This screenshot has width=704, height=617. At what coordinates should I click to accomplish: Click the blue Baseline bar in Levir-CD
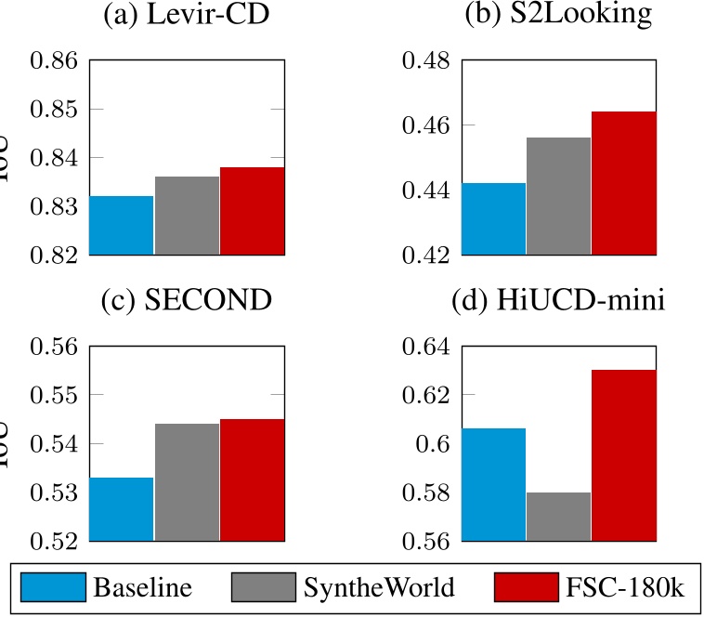[x=122, y=225]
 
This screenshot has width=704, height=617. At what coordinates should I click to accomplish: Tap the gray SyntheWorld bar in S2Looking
[x=558, y=195]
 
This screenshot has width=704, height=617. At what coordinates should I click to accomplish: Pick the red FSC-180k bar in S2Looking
[x=624, y=182]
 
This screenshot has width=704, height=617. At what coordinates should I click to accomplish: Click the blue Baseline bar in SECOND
[x=122, y=508]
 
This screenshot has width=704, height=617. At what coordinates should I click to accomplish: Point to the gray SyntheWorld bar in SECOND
[x=187, y=481]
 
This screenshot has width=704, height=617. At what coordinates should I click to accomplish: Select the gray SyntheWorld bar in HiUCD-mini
[x=558, y=516]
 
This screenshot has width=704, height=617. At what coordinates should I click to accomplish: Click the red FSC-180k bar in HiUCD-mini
[x=624, y=454]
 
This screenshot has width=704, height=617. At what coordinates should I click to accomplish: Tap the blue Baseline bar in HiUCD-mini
[x=494, y=483]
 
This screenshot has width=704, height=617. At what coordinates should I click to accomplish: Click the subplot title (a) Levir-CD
[x=187, y=18]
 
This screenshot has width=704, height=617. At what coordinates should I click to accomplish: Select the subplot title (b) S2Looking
[x=558, y=18]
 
